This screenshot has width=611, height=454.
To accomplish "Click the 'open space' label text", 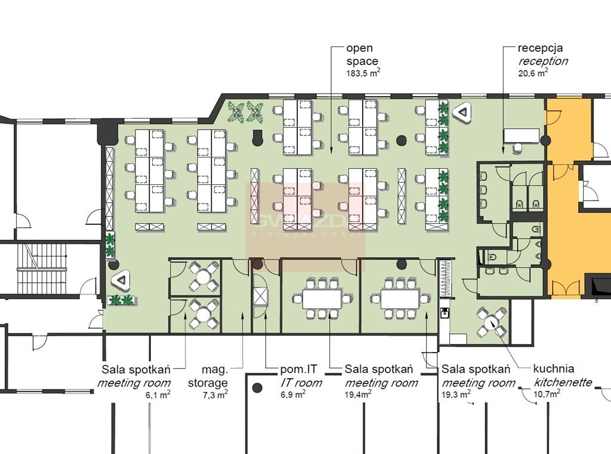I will coord(362,54).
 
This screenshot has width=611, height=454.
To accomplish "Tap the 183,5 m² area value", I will coord(363,73).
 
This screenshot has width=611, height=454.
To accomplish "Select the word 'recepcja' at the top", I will coord(540,48).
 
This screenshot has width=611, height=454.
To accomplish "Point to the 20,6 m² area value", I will coord(533,73).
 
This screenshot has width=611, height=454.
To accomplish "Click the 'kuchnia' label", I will coord(554,369).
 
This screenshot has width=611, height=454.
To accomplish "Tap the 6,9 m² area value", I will coord(293,394).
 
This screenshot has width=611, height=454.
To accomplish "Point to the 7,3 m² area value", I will coord(215,394).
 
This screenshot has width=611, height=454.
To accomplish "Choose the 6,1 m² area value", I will coord(158,394).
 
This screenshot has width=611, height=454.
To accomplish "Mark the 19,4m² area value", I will coord(357,394).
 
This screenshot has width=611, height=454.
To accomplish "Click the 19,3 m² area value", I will coord(455,394).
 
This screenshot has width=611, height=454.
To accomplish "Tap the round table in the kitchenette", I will coord(492,322).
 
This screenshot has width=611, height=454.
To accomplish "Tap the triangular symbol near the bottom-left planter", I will coord(122,279).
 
